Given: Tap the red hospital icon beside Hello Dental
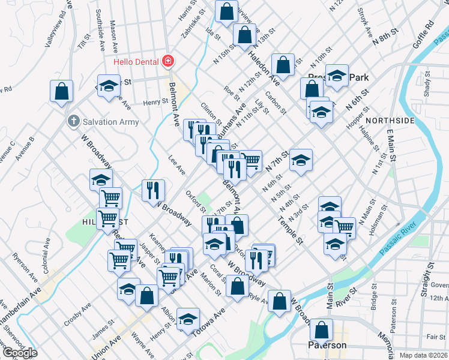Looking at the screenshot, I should pos(169,61).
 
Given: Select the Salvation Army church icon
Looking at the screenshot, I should pos(73,121).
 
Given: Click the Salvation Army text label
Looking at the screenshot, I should pos(111,122).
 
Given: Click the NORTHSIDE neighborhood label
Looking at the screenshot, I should pos(390,121).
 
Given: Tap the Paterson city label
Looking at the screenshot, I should pos(327,346).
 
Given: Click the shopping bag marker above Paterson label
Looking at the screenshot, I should pos(322,329).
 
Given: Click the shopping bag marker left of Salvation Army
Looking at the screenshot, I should pos(62,91).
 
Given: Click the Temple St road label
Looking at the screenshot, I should pos(289,230).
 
